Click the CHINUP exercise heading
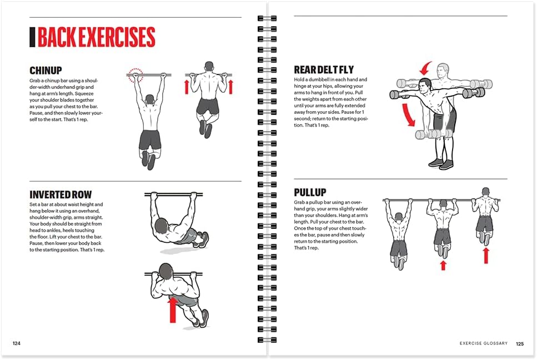pos(46,71)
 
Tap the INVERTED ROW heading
pos(61,194)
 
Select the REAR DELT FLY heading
pos(324,70)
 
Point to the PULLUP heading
pos(310,192)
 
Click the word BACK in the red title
pos(58,37)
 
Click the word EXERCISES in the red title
pos(118,37)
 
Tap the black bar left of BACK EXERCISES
pos(32,37)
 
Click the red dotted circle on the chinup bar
pos(135,76)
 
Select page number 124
pos(17,343)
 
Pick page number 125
pos(520,343)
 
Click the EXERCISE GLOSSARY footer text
pos(483,343)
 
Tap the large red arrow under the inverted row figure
pos(173,309)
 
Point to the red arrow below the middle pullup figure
pos(443,266)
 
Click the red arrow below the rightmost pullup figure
pos(485,256)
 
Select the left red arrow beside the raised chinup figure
pos(187,87)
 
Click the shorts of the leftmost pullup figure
pos(398,248)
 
